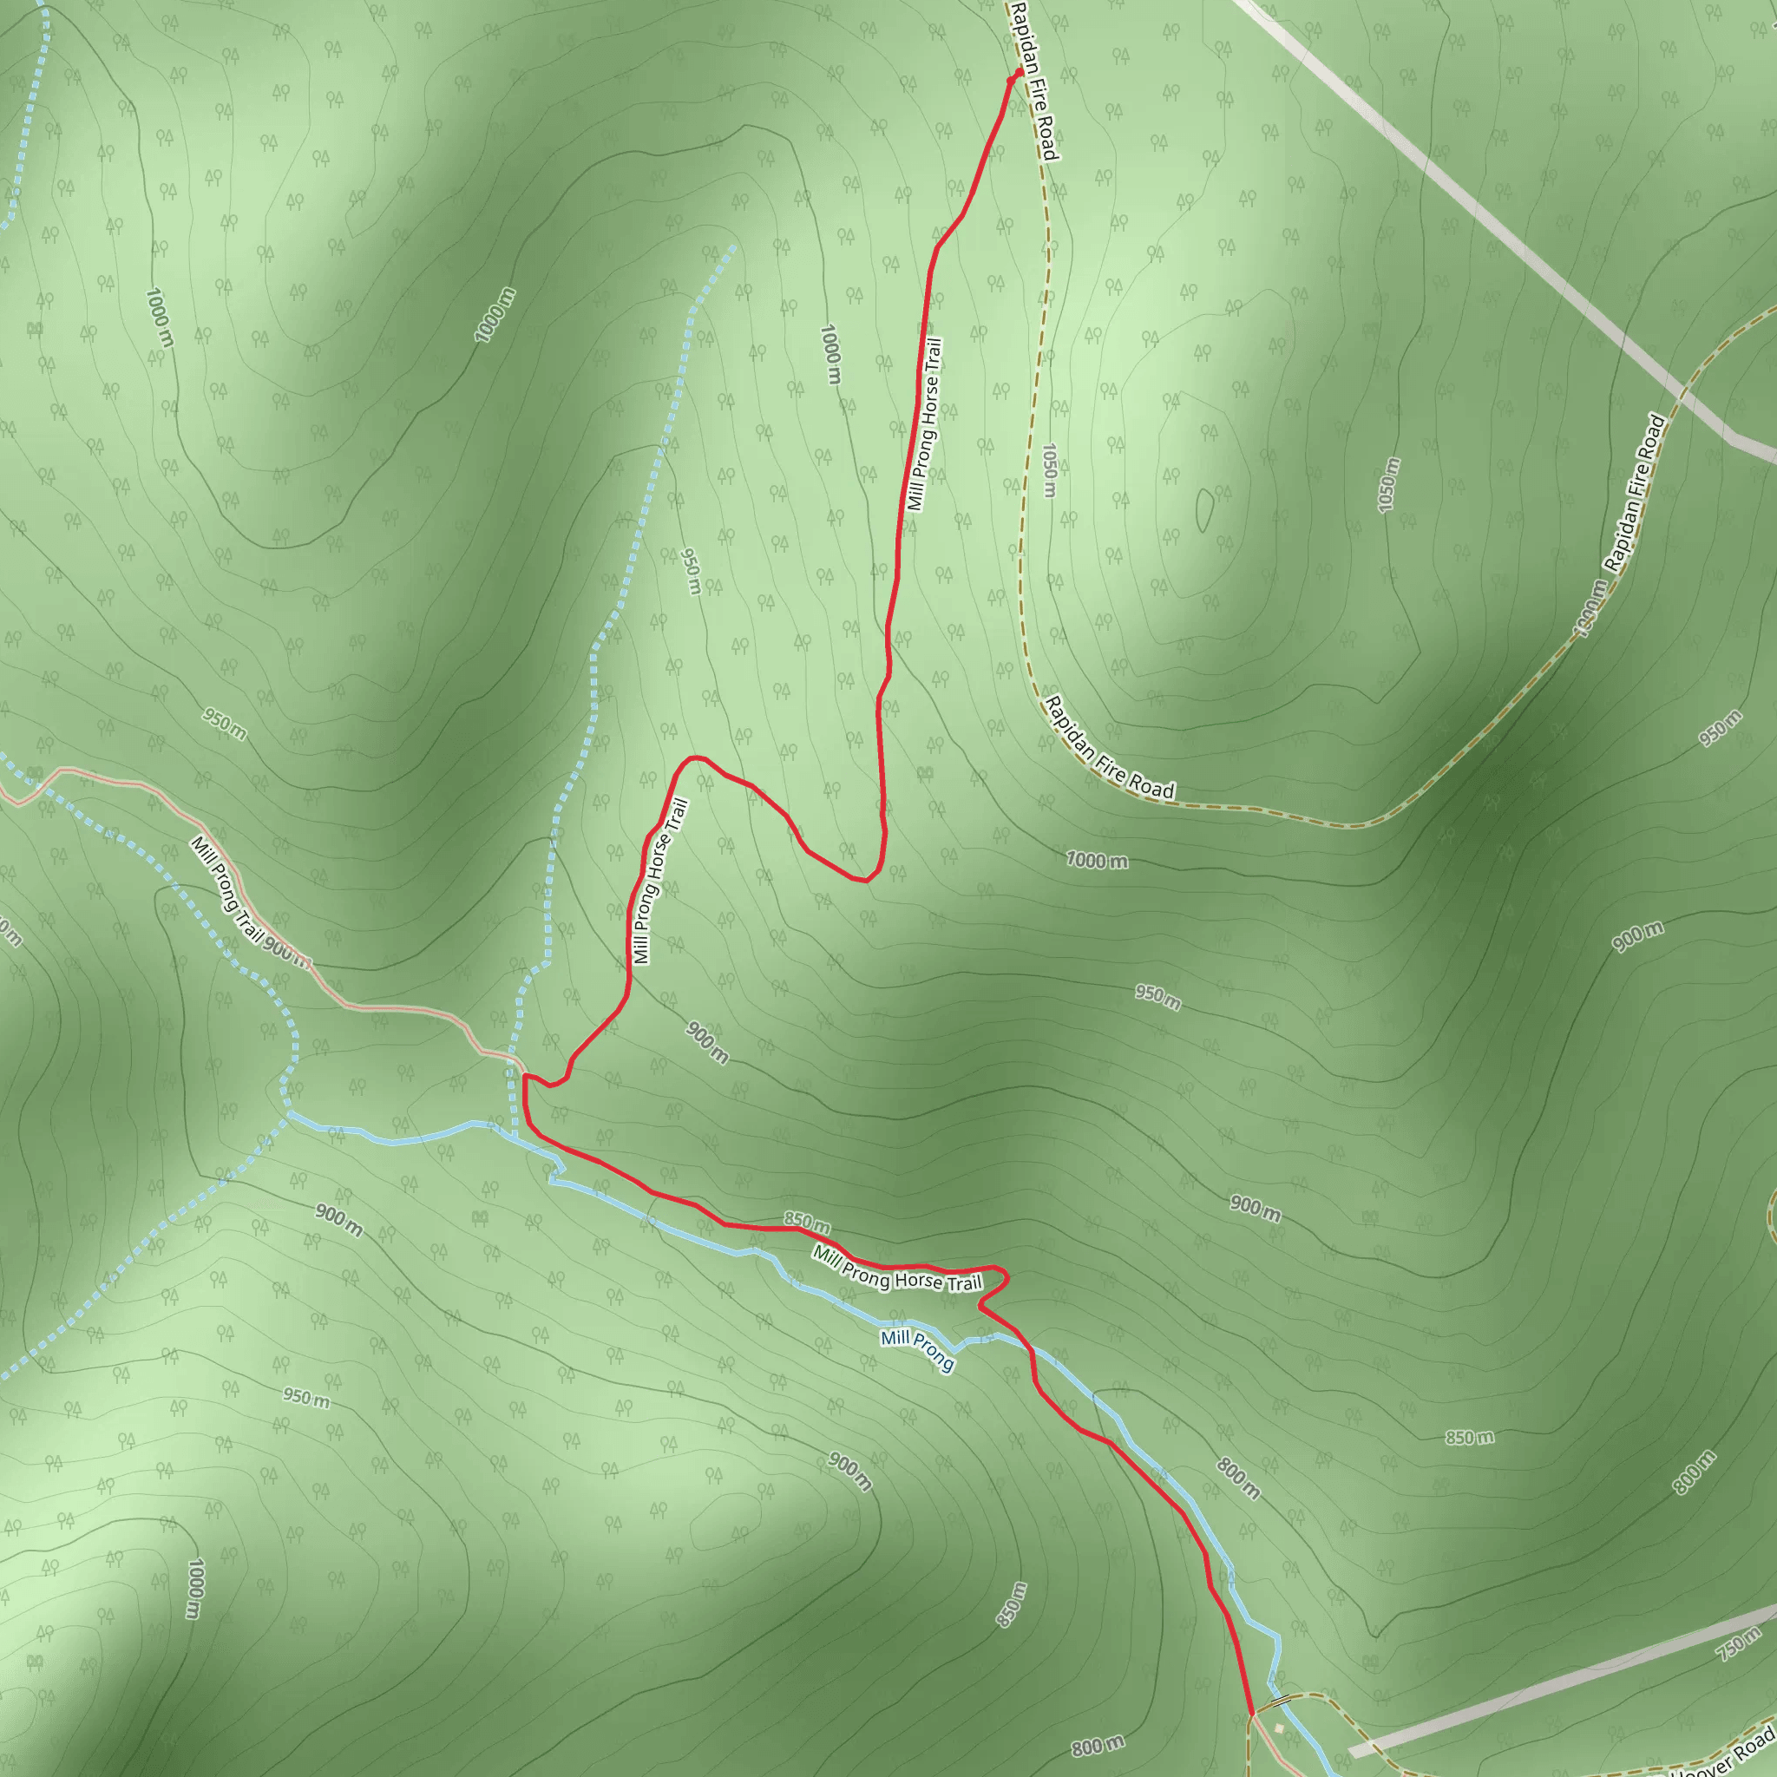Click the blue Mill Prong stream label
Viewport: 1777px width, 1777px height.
[917, 1349]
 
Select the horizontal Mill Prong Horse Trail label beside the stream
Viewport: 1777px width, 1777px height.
[897, 1269]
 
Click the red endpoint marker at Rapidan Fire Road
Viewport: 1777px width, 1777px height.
[1018, 73]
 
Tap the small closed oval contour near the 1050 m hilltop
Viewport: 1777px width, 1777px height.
[1204, 509]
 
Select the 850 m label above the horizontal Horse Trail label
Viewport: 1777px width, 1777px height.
[807, 1222]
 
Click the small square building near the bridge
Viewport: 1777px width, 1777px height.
[1278, 1728]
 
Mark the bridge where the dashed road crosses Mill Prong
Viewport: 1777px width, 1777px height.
[1276, 1703]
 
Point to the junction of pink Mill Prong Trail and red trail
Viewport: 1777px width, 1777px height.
[524, 1074]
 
